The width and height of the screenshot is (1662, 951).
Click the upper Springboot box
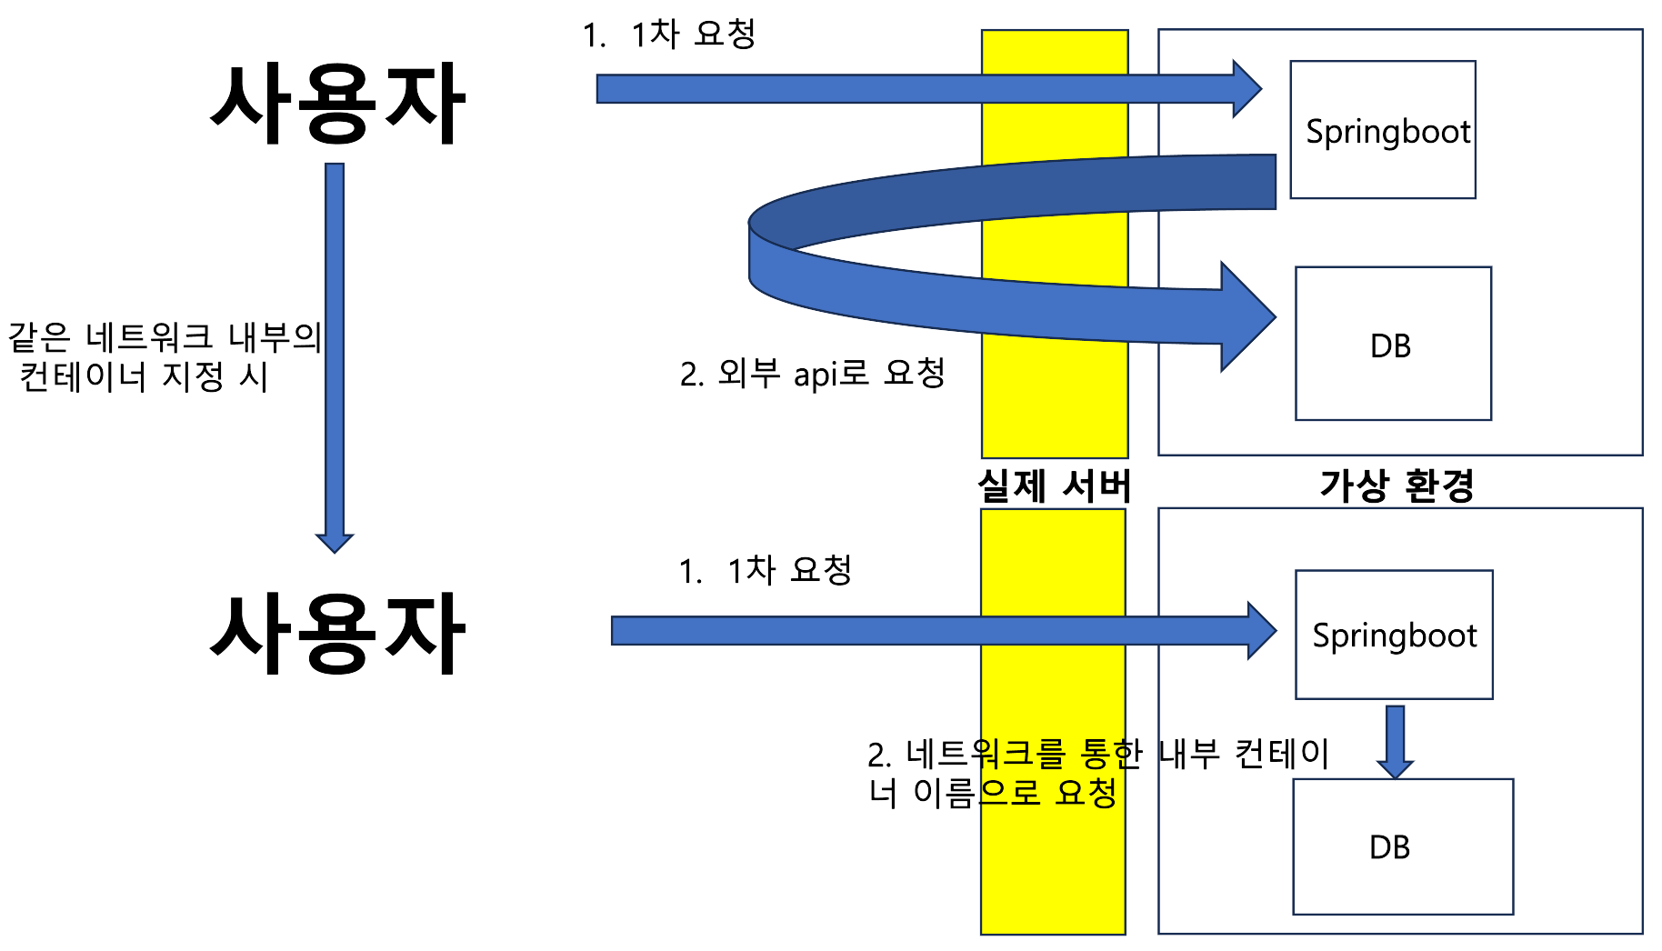tap(1382, 130)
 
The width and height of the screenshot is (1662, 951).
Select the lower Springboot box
tap(1394, 635)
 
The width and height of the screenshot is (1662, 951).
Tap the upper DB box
tap(1392, 344)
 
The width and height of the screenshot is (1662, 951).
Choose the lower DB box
tap(1402, 846)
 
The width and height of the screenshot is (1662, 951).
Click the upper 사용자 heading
tap(337, 105)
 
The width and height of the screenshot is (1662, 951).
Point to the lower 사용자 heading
tap(337, 634)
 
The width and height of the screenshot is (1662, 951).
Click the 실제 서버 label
tap(1054, 486)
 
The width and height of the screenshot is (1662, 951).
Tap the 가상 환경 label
tap(1396, 486)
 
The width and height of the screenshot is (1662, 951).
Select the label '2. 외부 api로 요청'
tap(812, 373)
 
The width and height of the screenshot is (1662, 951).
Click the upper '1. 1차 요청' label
tap(669, 35)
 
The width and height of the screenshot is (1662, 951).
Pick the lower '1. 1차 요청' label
tap(765, 570)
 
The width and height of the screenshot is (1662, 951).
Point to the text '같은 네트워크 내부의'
tap(165, 336)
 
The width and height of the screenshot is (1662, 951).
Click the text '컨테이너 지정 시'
tap(144, 375)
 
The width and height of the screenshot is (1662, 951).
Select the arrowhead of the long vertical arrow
tap(335, 542)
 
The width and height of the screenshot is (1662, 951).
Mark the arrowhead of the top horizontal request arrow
tap(1246, 89)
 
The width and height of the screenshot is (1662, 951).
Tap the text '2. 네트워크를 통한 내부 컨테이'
tap(1097, 754)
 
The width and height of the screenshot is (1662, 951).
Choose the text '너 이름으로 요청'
tap(992, 793)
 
